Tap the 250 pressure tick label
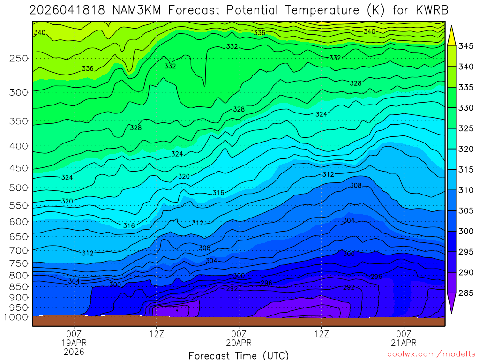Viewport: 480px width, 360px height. (x=18, y=59)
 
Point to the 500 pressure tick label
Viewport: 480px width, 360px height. (x=18, y=188)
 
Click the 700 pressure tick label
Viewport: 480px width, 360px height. (x=18, y=250)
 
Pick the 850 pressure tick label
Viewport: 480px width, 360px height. (x=18, y=286)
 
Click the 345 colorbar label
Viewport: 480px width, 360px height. (x=466, y=46)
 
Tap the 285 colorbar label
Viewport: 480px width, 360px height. (x=466, y=293)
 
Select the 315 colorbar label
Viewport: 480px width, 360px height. (x=466, y=170)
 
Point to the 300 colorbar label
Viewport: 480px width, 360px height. (x=466, y=232)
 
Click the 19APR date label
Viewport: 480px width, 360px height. (x=74, y=343)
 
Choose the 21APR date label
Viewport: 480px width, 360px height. (x=404, y=343)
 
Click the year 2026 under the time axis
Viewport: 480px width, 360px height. (x=74, y=352)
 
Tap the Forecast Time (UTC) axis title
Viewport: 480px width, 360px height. (x=239, y=355)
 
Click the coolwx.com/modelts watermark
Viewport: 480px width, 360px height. (x=431, y=354)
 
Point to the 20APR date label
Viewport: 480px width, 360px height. (x=239, y=343)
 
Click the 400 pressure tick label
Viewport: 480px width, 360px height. (x=18, y=146)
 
